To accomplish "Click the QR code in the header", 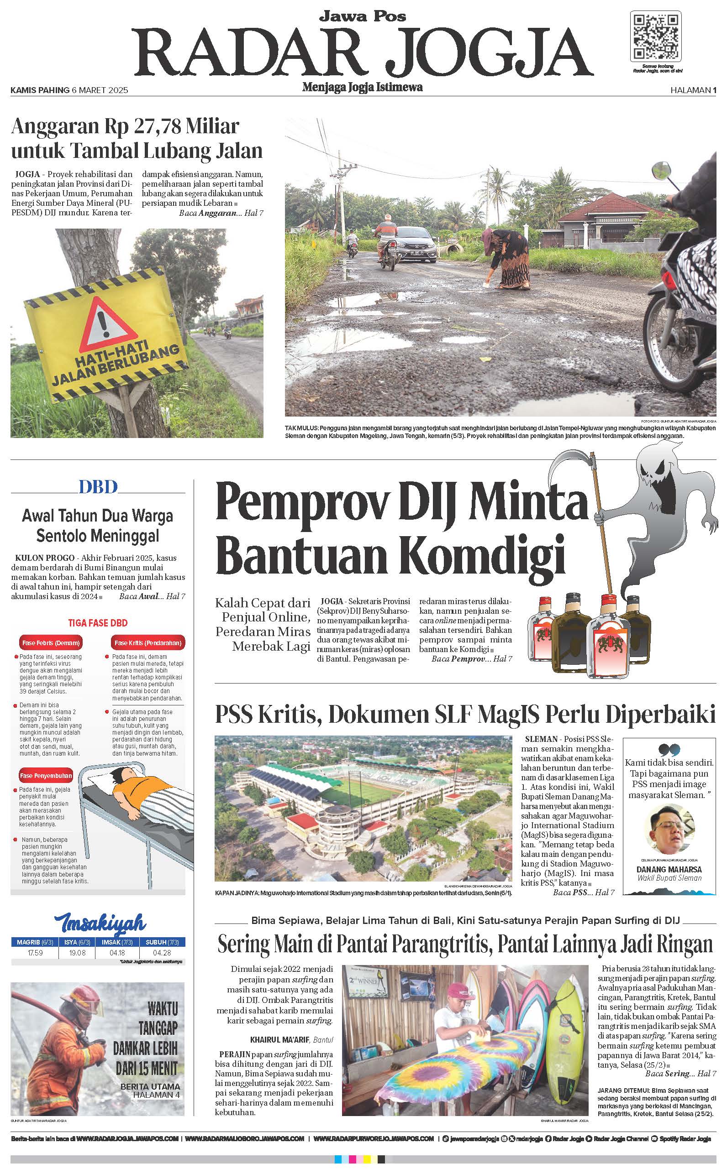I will pyautogui.click(x=655, y=37).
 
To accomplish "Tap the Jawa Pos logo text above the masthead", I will pyautogui.click(x=363, y=17).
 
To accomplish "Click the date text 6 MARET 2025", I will pyautogui.click(x=100, y=90).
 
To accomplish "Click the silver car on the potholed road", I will pyautogui.click(x=412, y=245).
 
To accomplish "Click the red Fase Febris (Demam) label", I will pyautogui.click(x=50, y=643).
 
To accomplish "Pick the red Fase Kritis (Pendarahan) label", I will pyautogui.click(x=147, y=643).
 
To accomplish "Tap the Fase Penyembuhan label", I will pyautogui.click(x=46, y=776).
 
